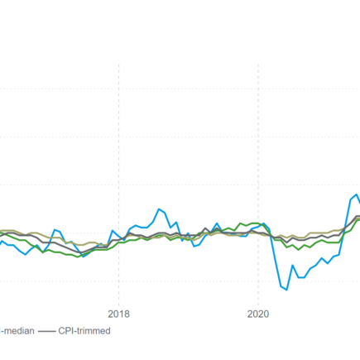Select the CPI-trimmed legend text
pos(85,330)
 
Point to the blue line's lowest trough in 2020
pos(286,289)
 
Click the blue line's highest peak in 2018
pos(160,209)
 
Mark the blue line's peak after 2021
pos(355,195)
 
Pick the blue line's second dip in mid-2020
pos(300,277)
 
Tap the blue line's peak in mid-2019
pos(217,223)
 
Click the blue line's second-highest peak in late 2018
pos(176,218)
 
